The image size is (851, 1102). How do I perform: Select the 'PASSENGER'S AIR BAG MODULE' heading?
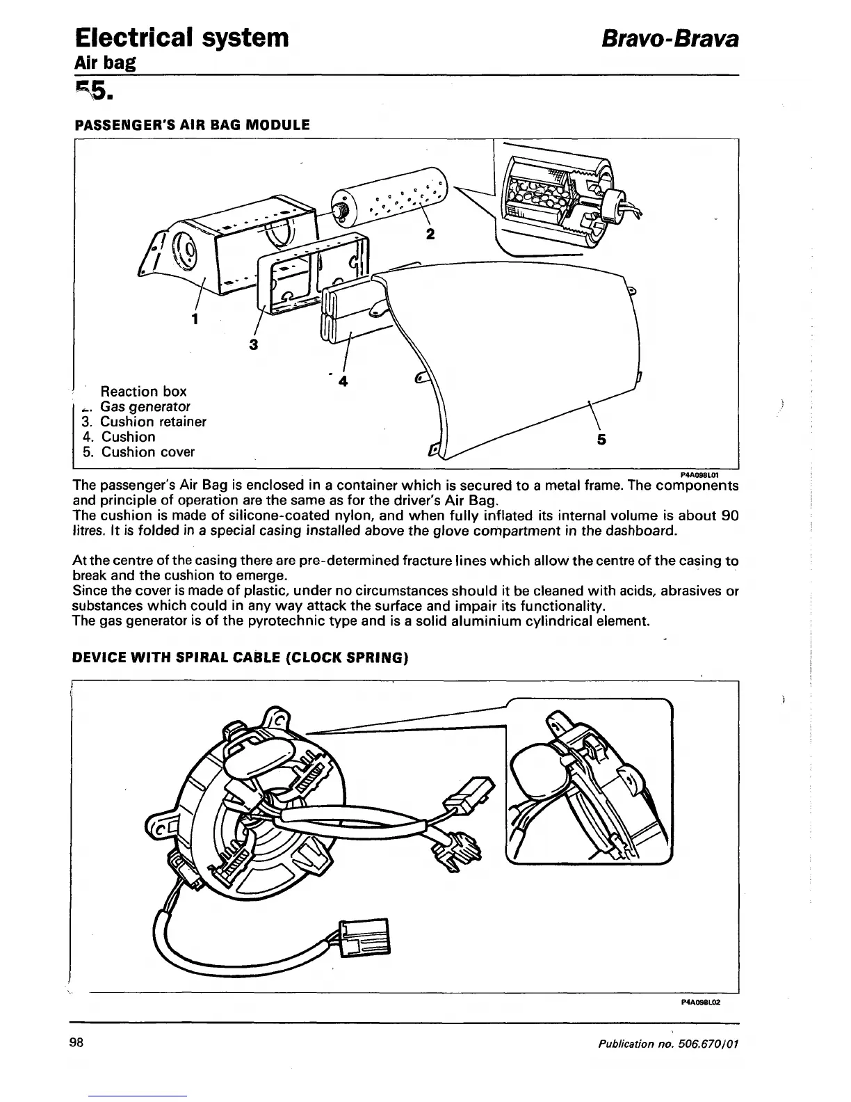point(191,126)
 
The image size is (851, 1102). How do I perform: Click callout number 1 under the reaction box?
point(195,319)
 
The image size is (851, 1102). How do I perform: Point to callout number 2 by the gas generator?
point(430,234)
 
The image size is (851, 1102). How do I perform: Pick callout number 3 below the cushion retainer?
point(253,344)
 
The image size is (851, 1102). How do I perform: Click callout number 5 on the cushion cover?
point(601,439)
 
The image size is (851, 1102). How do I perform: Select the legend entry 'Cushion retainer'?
point(153,422)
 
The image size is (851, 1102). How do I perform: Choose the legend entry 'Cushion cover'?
point(148,452)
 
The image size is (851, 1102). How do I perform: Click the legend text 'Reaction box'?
point(143,391)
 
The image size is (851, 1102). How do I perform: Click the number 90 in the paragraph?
point(729,516)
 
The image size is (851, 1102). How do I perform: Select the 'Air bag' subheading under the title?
point(104,62)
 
